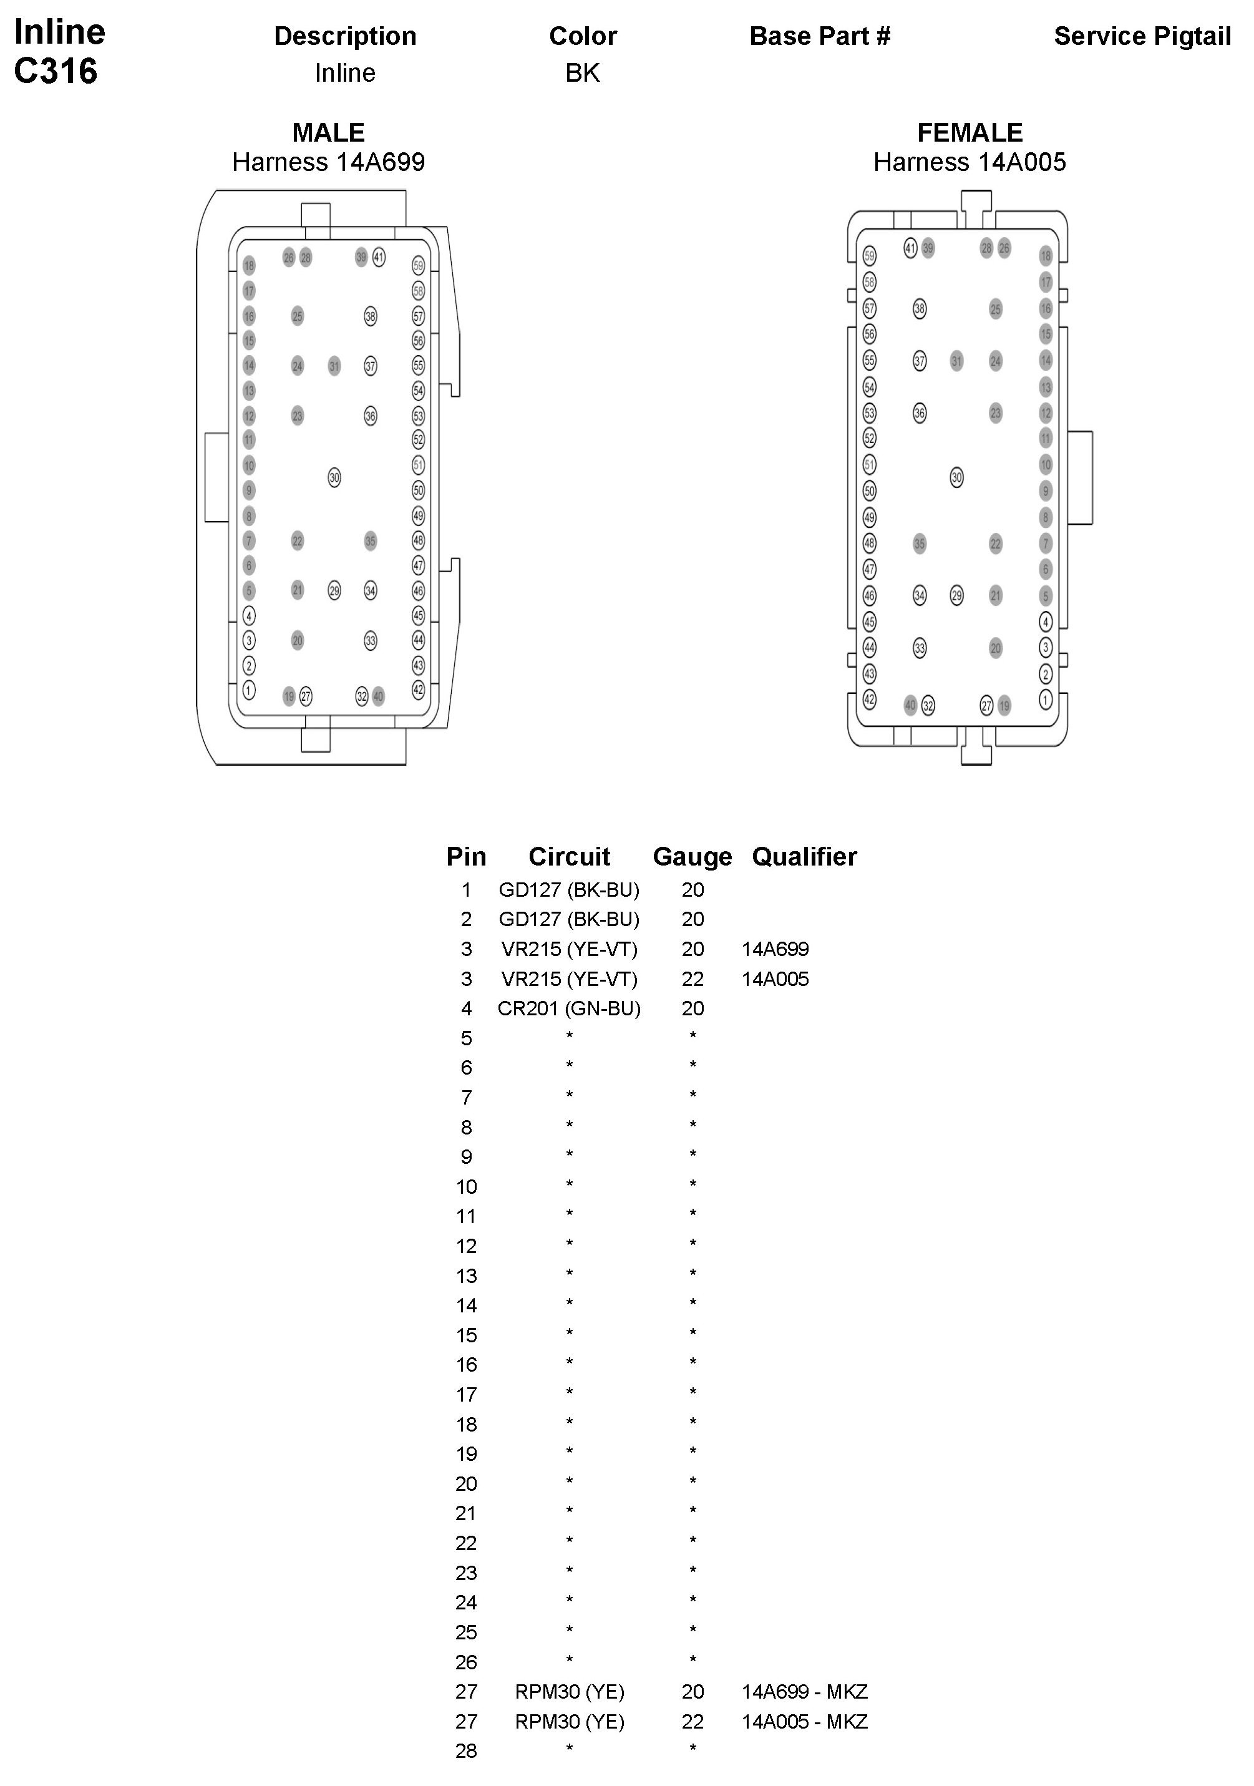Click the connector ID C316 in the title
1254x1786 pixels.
point(56,72)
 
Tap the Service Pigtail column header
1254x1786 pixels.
point(1141,36)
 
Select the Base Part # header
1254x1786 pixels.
point(819,36)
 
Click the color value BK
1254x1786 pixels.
point(582,73)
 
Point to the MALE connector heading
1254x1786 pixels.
point(328,132)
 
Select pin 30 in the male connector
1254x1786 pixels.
point(334,477)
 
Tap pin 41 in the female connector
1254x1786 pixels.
point(910,248)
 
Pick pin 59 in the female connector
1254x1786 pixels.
point(870,256)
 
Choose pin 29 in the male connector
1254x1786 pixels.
point(334,590)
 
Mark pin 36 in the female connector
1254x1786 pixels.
point(920,413)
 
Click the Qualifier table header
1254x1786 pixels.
point(804,856)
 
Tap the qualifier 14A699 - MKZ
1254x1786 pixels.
point(804,1691)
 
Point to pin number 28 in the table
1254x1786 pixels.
point(466,1751)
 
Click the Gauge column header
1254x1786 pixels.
point(693,856)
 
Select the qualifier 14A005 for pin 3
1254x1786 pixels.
point(775,978)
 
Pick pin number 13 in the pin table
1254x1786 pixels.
point(466,1276)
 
